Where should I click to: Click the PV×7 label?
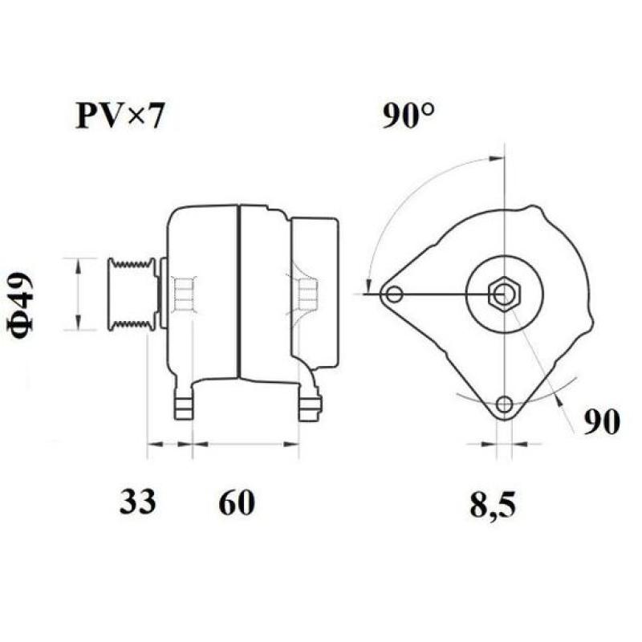point(120,116)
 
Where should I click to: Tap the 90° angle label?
point(409,117)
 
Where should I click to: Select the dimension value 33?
point(138,502)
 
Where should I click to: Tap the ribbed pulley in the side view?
point(132,294)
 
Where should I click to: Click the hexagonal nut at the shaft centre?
point(504,295)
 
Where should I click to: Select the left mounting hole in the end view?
point(393,295)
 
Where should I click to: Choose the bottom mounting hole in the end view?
point(504,404)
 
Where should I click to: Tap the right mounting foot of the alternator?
point(309,405)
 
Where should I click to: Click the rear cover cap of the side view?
point(315,293)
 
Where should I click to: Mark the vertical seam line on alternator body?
point(239,293)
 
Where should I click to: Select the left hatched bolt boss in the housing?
point(184,294)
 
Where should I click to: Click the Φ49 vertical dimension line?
point(77,294)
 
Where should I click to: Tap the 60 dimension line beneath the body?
point(246,443)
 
